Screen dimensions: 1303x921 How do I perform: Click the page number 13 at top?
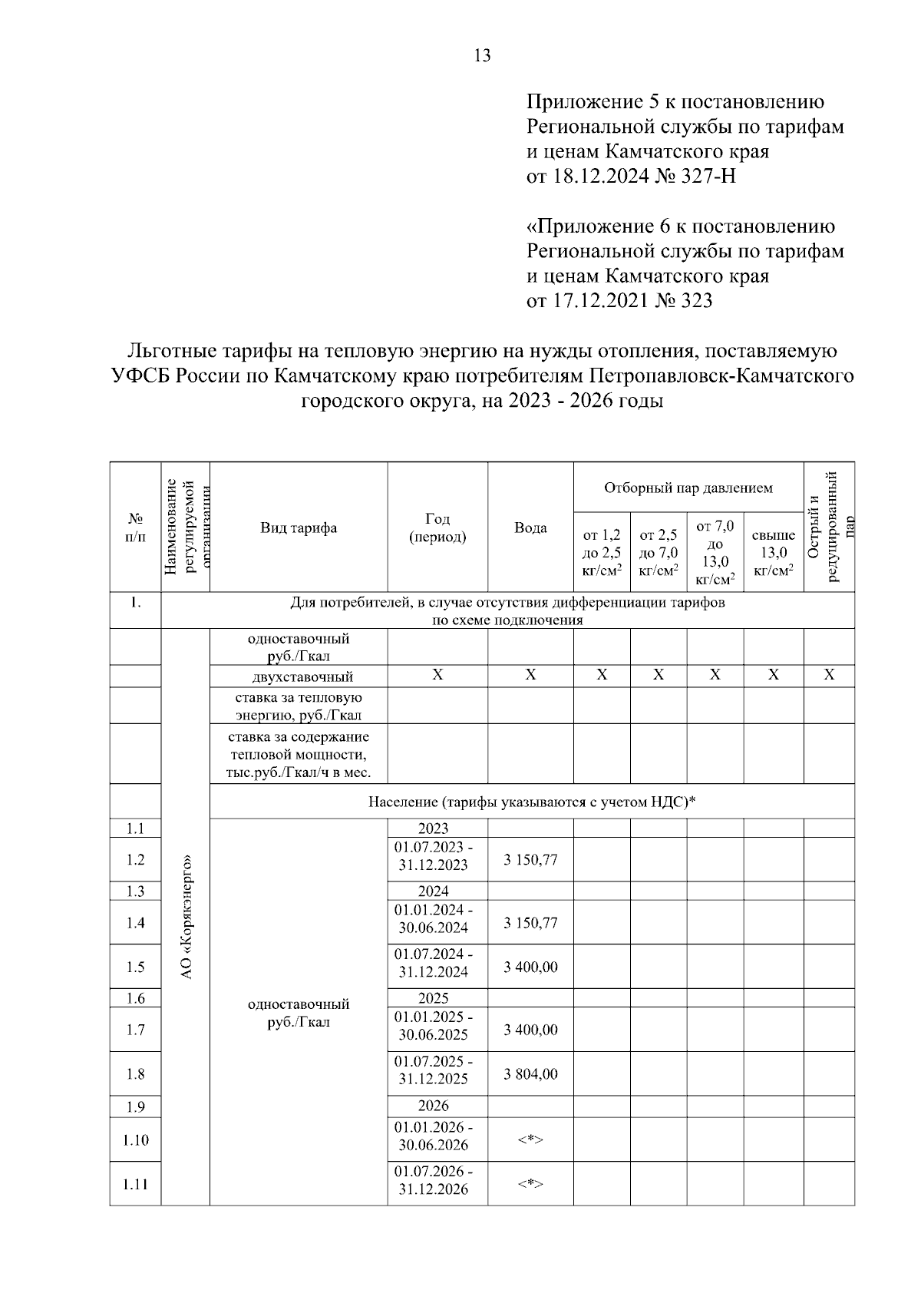(483, 56)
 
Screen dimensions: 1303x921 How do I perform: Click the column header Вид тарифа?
(299, 527)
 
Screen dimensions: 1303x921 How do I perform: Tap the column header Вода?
(530, 527)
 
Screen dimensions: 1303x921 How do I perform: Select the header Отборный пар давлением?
(688, 488)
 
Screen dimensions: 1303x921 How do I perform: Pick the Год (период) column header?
(437, 527)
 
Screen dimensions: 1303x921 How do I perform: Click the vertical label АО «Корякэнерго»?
(186, 916)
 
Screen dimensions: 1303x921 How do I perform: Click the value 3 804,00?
(530, 1074)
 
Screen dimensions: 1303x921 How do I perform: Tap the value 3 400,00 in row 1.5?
(530, 967)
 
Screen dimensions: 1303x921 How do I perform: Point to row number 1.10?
(135, 1140)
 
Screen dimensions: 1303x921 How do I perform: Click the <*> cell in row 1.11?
(530, 1184)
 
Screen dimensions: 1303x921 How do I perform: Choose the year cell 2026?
(433, 1106)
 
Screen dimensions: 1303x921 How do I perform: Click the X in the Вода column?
(530, 675)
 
